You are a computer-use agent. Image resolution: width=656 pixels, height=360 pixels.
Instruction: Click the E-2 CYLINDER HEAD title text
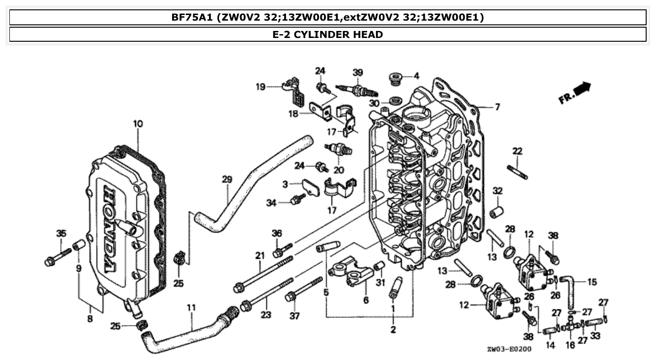[x=327, y=34]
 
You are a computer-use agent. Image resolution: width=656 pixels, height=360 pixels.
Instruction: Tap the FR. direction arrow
[x=575, y=93]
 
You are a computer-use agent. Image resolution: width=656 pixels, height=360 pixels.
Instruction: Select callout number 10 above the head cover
[x=138, y=124]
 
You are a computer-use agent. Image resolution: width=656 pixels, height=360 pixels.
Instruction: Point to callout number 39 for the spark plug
[x=358, y=72]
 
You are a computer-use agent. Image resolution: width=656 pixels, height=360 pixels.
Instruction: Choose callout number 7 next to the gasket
[x=498, y=107]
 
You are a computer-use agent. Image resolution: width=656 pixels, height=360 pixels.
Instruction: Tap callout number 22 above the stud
[x=517, y=151]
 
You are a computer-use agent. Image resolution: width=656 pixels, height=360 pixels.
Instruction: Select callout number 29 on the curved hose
[x=227, y=180]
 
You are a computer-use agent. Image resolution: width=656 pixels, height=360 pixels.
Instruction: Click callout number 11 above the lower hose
[x=191, y=308]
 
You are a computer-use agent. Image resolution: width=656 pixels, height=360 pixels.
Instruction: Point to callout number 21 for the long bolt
[x=260, y=255]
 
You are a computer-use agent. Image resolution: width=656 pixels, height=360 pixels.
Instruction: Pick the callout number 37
[x=294, y=316]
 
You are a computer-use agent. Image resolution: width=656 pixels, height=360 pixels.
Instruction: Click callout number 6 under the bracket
[x=366, y=300]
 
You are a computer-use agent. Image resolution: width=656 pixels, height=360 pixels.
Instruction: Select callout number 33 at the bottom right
[x=595, y=336]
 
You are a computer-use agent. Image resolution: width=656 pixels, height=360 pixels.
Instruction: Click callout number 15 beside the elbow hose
[x=592, y=282]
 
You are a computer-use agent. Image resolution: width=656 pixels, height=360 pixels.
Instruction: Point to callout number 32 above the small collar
[x=497, y=191]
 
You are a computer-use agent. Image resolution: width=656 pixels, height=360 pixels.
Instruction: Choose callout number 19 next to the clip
[x=273, y=87]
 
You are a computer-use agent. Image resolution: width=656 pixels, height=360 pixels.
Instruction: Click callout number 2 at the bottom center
[x=393, y=330]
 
